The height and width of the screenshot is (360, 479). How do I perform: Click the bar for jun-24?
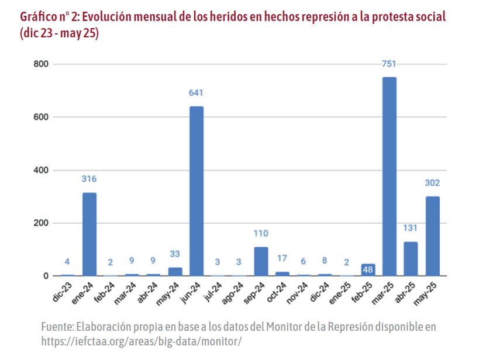tap(197, 191)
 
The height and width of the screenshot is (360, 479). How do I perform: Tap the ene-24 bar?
tap(89, 234)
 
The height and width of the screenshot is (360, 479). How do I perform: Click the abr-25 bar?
tap(411, 259)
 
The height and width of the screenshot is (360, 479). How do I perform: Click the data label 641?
tap(197, 93)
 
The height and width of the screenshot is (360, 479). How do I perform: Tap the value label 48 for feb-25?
tap(368, 270)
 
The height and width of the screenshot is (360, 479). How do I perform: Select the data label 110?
tap(261, 234)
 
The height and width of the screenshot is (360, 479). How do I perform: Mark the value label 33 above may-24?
tap(175, 254)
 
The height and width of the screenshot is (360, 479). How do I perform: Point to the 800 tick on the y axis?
tap(41, 64)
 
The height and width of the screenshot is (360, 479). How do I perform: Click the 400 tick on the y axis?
tap(41, 170)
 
